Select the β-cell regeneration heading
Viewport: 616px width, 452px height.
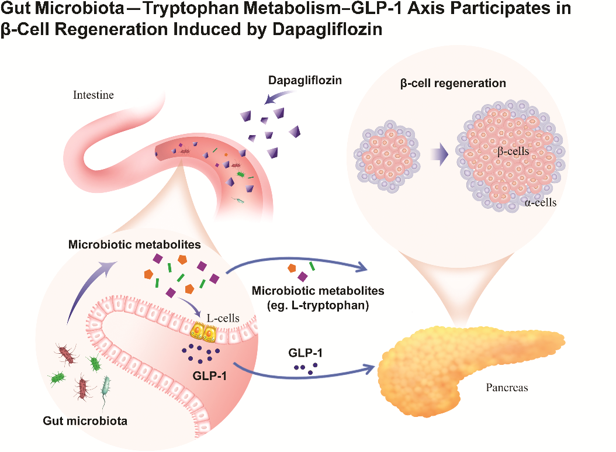(x=453, y=83)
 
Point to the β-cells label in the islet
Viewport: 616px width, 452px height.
(x=512, y=151)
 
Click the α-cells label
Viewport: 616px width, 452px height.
(x=539, y=203)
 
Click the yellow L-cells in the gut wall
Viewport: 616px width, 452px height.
(x=202, y=333)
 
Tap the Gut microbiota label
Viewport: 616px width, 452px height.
(x=85, y=420)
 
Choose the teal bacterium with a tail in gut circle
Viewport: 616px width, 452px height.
(x=106, y=388)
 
